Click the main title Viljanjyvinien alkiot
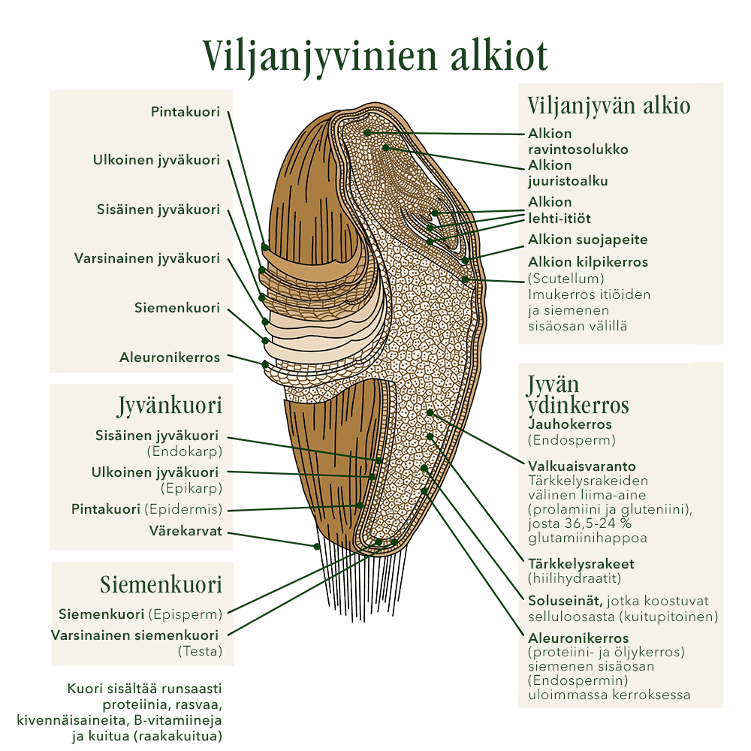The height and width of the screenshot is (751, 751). [375, 55]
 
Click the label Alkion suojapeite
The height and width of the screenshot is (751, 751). [587, 240]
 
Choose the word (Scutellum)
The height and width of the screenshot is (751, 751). [566, 279]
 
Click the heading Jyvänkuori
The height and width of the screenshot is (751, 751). [170, 406]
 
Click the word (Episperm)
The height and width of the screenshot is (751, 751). [185, 612]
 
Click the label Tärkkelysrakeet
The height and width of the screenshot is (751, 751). [581, 564]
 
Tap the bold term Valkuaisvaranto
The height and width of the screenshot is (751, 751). [582, 466]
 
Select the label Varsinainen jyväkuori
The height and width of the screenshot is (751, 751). [147, 258]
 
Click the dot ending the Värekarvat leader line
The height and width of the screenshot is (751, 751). [318, 546]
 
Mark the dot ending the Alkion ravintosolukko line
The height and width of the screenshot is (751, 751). [368, 132]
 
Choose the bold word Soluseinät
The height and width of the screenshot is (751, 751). [564, 602]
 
